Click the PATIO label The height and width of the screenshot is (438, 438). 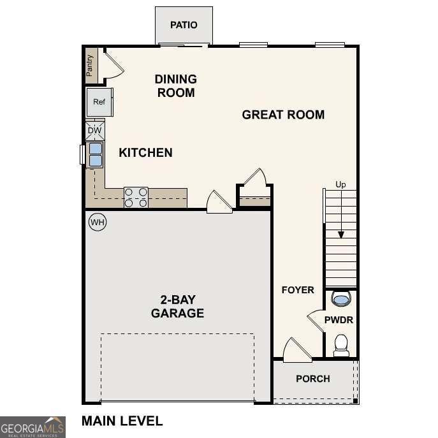pos(184,25)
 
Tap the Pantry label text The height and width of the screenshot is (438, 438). pos(90,65)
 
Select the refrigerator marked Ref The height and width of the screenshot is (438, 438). pos(99,102)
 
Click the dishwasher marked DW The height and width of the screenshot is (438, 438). pos(94,131)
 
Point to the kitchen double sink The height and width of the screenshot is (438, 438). pos(95,154)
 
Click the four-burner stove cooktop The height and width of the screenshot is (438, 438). pos(136,197)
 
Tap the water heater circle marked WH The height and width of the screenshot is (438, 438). pos(97,223)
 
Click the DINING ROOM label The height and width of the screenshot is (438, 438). pos(175,86)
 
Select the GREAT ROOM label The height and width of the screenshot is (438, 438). pos(283,115)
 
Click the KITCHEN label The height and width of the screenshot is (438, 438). pos(145,152)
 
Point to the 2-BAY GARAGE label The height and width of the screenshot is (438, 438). pos(177,306)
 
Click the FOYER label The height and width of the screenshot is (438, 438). pos(298,290)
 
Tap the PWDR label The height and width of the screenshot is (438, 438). pos(339,320)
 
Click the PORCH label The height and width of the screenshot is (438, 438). pos(313,379)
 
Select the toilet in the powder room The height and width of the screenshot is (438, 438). pos(341,345)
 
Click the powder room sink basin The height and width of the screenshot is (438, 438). pos(341,298)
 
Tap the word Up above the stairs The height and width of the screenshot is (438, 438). pos(340,185)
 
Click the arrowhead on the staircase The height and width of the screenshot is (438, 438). pos(341,235)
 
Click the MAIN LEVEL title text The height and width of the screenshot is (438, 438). pos(122,421)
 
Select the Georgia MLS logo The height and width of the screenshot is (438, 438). pos(33,427)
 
